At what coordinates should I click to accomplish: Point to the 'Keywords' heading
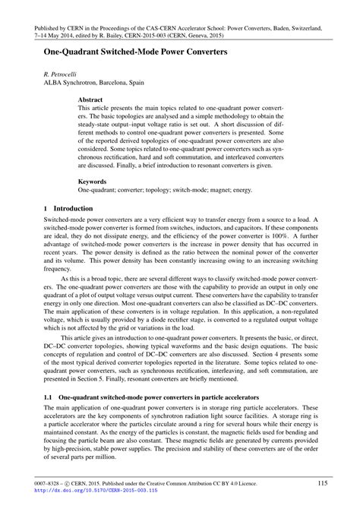[93, 183]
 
